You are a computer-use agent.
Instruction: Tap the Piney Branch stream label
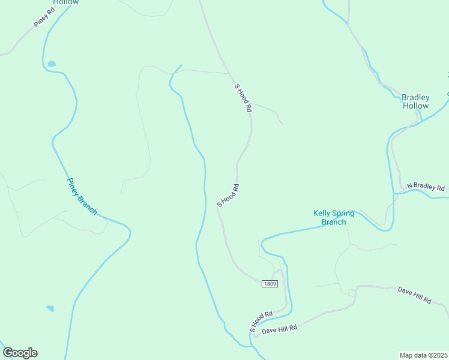coord(82,196)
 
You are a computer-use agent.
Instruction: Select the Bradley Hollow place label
coord(415,101)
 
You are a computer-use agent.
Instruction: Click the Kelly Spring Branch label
coord(334,217)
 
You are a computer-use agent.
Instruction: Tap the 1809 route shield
coord(270,283)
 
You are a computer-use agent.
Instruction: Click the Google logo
coord(20,353)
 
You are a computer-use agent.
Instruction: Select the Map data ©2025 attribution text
coord(424,355)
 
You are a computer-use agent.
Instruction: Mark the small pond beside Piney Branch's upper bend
coord(52,64)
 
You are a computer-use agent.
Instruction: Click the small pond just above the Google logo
coord(50,308)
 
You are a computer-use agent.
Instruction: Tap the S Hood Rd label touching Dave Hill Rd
coord(261,322)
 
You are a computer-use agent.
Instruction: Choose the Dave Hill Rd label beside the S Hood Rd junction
coord(280,329)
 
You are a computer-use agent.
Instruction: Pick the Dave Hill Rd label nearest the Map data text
coord(414,295)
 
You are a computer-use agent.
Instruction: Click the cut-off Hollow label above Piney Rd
coord(65,2)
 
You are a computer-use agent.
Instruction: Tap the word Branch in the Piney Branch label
coord(88,205)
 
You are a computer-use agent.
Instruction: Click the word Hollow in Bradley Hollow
coord(415,106)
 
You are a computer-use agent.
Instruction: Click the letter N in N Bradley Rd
coord(409,185)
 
